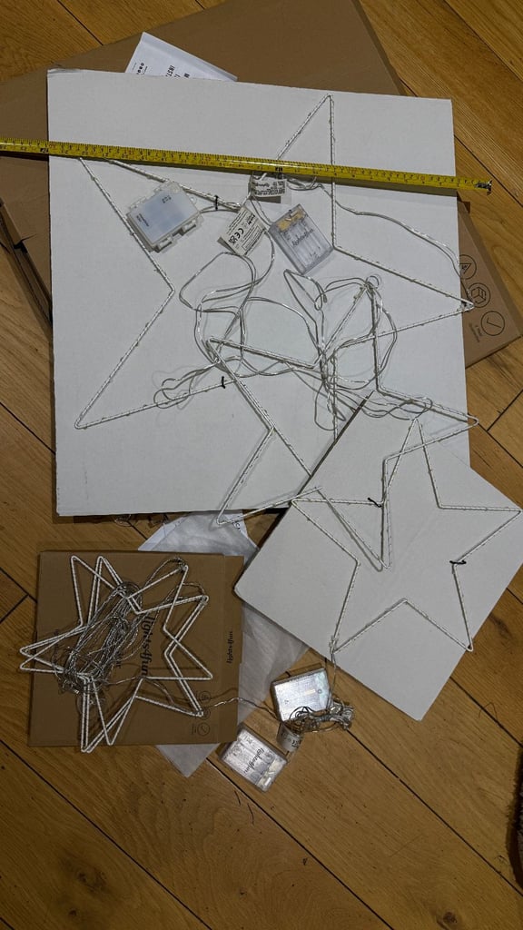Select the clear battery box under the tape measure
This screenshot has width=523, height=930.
[x=301, y=237]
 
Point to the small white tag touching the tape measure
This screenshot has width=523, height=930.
[x=267, y=186]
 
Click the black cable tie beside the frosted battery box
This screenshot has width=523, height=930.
[x=215, y=203]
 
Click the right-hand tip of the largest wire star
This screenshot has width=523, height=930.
[x=469, y=302]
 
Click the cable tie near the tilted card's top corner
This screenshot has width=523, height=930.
[x=372, y=500]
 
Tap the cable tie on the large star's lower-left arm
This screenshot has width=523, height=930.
[x=223, y=382]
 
